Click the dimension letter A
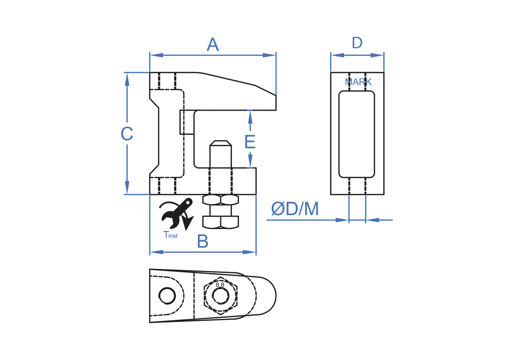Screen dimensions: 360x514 (213, 45)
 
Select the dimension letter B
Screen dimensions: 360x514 (203, 241)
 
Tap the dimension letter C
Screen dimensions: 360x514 (127, 134)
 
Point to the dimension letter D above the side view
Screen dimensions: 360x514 (357, 43)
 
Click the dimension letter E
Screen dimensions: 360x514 (250, 141)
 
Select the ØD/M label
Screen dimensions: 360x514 (295, 209)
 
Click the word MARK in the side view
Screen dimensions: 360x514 (358, 82)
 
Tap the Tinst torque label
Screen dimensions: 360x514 (170, 236)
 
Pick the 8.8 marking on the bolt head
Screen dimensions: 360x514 (220, 284)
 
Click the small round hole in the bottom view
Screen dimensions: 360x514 (167, 296)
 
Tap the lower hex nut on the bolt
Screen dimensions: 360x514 (221, 222)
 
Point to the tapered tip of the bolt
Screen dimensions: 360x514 (221, 145)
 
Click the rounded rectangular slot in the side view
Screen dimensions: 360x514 (357, 134)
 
